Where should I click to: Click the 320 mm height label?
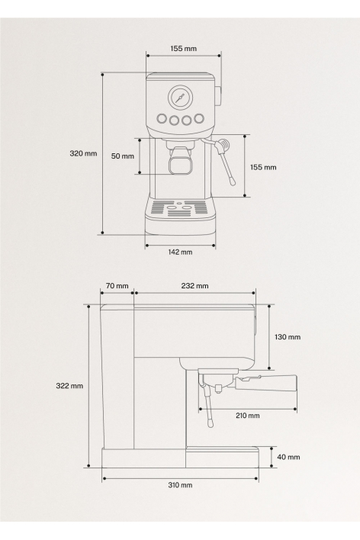pyautogui.click(x=83, y=153)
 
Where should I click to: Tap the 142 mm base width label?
pyautogui.click(x=180, y=252)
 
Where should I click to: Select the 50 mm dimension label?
pyautogui.click(x=123, y=156)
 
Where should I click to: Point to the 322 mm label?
pyautogui.click(x=69, y=386)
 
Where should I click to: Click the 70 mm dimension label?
pyautogui.click(x=117, y=286)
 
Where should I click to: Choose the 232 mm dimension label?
pyautogui.click(x=195, y=286)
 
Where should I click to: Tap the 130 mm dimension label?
pyautogui.click(x=288, y=337)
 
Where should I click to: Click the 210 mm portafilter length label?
pyautogui.click(x=248, y=416)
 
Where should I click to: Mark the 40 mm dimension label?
pyautogui.click(x=289, y=457)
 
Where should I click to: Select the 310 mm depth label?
pyautogui.click(x=180, y=485)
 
